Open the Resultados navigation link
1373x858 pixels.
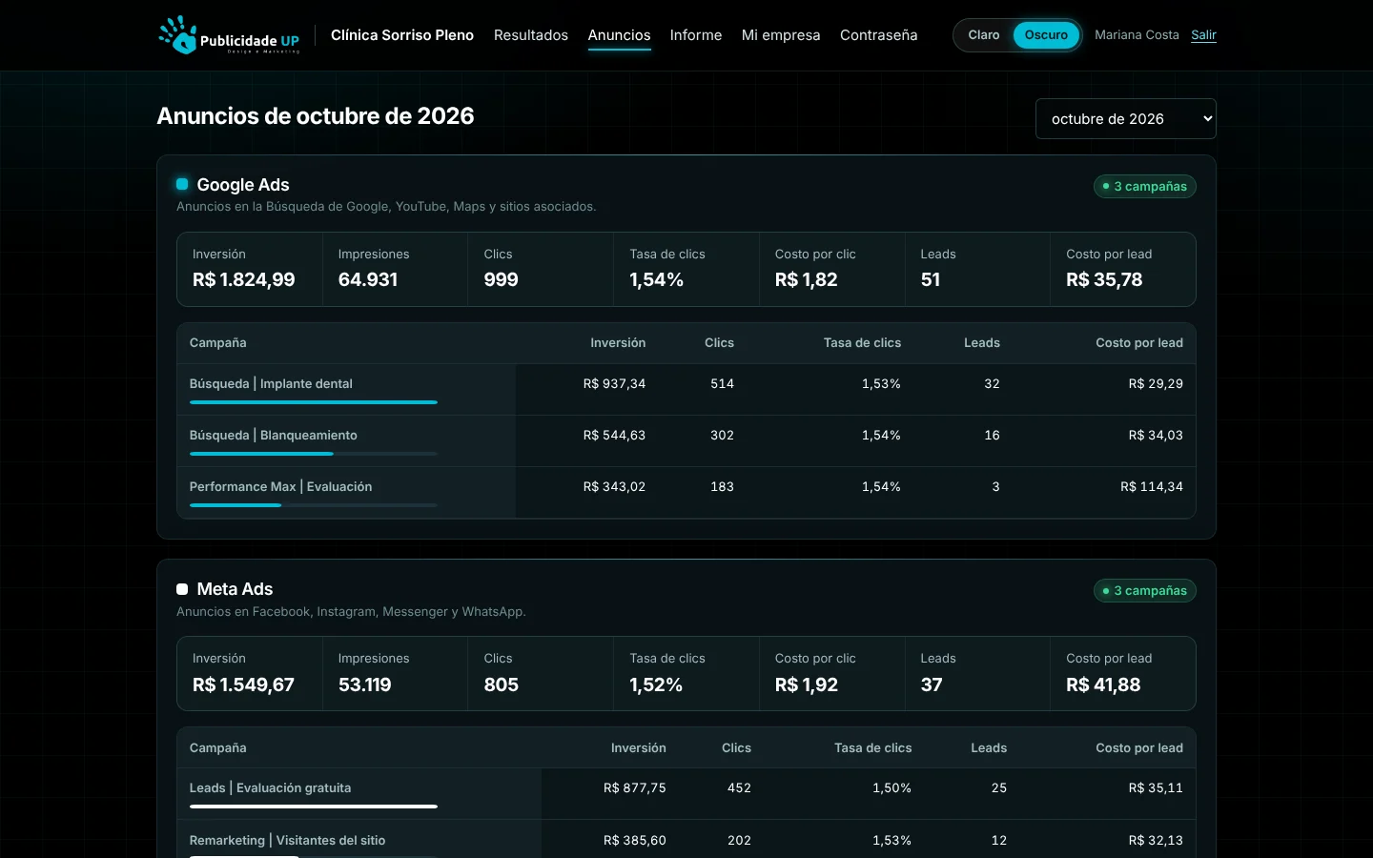pos(531,35)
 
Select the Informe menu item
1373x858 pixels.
pos(696,35)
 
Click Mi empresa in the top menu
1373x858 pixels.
pos(781,35)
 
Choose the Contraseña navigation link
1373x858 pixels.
pos(878,35)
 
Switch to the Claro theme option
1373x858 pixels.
pos(984,35)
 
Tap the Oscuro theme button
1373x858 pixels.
pos(1046,35)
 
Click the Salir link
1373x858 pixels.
pos(1203,35)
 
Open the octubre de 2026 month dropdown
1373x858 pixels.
pos(1125,119)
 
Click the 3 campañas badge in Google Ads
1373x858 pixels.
pos(1144,186)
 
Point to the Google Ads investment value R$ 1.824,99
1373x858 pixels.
pos(243,280)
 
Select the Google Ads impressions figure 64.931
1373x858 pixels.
pos(368,280)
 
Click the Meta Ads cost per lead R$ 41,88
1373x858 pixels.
pos(1103,684)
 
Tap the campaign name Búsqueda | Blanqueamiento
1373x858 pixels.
pos(273,435)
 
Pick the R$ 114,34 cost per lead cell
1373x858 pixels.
pos(1152,486)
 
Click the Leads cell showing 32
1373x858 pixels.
pos(992,383)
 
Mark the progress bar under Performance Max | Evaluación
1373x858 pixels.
pos(313,505)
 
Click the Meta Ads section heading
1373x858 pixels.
pos(235,589)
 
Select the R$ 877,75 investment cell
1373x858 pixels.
pos(634,787)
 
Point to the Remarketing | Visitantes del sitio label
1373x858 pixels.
pos(287,840)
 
